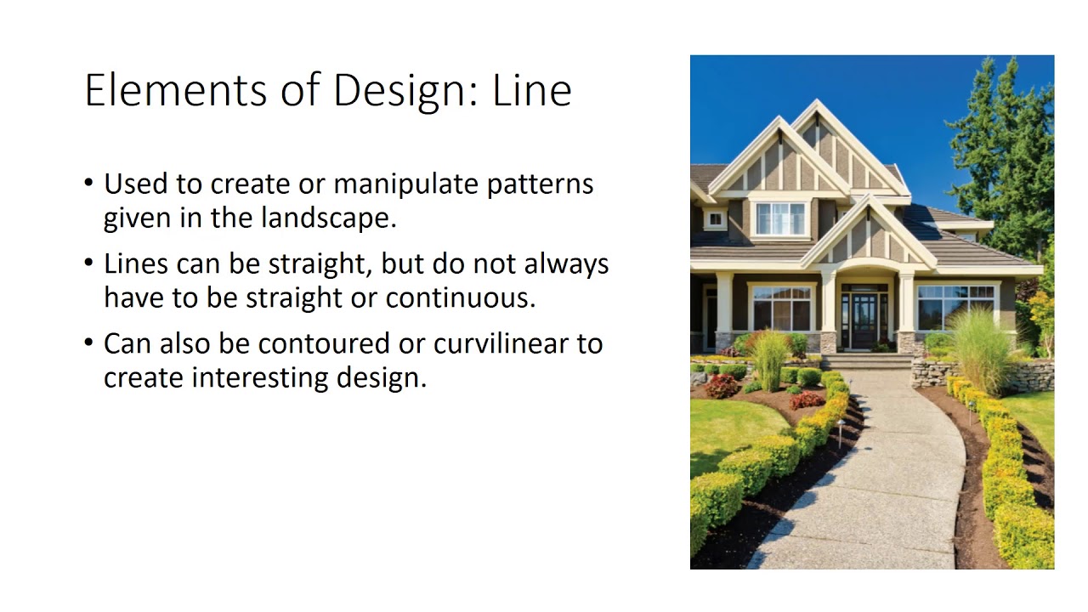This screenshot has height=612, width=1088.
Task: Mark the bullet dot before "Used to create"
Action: pos(90,183)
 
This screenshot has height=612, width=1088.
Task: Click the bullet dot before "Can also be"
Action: pos(90,343)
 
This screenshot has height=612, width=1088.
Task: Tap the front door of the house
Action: pos(862,320)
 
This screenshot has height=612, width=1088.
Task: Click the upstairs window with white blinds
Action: pos(779,218)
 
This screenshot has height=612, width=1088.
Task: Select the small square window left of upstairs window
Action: pos(715,218)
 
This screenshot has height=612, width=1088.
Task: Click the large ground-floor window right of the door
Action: pos(955,307)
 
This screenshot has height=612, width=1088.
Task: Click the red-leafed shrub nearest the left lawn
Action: pos(722,387)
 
